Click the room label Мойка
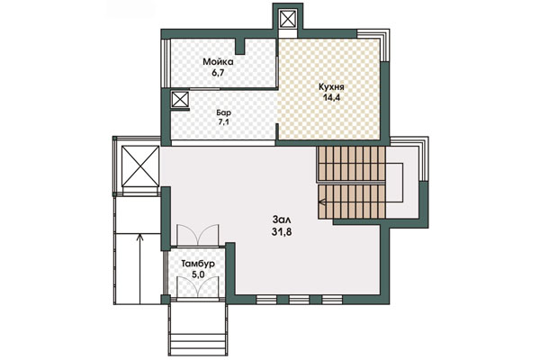(218, 62)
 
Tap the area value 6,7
(218, 73)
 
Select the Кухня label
(331, 86)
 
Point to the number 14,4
(331, 97)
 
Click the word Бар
(224, 112)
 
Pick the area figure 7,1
(224, 121)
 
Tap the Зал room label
(281, 220)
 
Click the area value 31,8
(282, 231)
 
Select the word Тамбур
(198, 264)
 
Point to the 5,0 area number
(198, 274)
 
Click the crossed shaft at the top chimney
(288, 19)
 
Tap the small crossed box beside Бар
(180, 99)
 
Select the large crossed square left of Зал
(140, 166)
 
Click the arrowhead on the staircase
(322, 202)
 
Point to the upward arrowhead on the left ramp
(139, 237)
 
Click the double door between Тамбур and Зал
(198, 235)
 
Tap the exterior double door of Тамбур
(198, 286)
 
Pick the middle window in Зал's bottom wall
(300, 300)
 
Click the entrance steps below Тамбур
(198, 344)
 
